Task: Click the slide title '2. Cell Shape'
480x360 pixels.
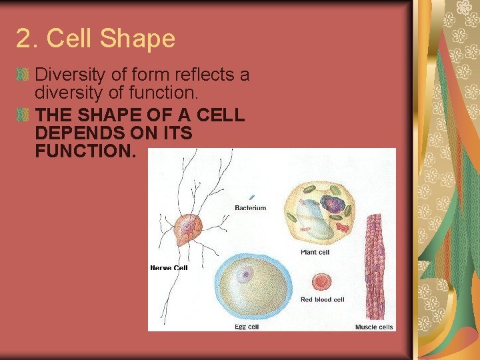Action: [95, 39]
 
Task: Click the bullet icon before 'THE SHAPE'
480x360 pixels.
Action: [24, 115]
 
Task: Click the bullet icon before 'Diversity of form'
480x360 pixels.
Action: [24, 75]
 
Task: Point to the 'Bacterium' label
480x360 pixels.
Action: [250, 208]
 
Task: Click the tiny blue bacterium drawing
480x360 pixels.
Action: [252, 197]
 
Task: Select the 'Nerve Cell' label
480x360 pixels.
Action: [169, 268]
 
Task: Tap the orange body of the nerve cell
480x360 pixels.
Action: [187, 230]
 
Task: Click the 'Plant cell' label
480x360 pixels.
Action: [315, 253]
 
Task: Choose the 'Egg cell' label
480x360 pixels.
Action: [246, 327]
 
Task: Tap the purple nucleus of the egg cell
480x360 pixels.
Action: [245, 273]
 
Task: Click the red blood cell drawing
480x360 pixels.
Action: [323, 282]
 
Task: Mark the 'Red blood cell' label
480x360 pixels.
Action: [322, 300]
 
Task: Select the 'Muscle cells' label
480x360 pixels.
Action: [374, 327]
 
